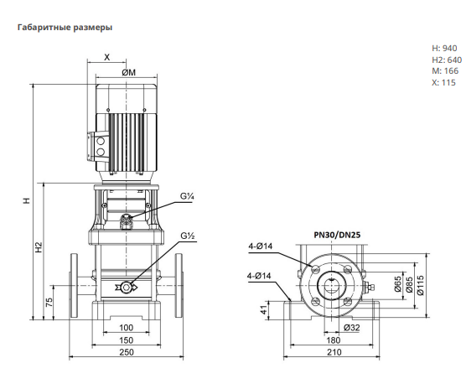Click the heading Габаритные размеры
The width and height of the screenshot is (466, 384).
tap(65, 28)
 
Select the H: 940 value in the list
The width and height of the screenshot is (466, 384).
tap(444, 48)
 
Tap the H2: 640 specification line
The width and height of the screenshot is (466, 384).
tap(447, 60)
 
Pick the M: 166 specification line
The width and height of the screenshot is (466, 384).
tap(445, 71)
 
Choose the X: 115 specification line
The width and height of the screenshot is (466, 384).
tap(443, 83)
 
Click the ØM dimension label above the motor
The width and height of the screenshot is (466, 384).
tap(129, 72)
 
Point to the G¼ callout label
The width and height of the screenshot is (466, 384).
tap(187, 196)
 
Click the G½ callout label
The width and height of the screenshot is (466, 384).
tap(188, 236)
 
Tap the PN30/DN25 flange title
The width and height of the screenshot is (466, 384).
tap(337, 235)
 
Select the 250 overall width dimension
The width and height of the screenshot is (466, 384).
tap(127, 352)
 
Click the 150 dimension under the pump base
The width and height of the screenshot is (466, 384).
tap(126, 340)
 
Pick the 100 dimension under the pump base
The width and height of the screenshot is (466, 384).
tap(126, 328)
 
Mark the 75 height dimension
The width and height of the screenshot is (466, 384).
tap(49, 302)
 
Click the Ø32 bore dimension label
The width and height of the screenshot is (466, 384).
tap(351, 328)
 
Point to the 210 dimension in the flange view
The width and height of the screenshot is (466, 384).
tap(334, 352)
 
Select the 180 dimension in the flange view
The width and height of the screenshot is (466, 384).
tap(333, 340)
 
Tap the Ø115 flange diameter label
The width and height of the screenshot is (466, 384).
tap(421, 286)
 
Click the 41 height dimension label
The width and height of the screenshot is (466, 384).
tap(264, 310)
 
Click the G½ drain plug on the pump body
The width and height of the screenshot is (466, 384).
tap(127, 287)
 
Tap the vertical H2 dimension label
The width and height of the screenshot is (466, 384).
tap(39, 247)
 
